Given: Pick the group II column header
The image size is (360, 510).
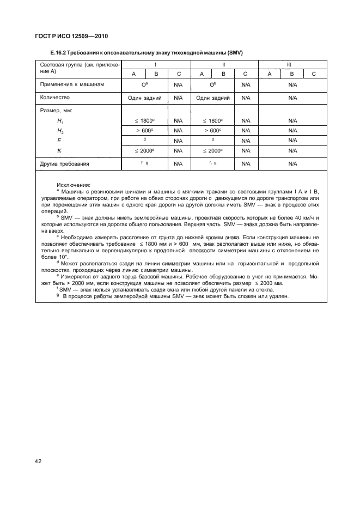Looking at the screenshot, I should click(x=224, y=64).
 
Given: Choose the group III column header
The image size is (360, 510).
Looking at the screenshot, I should click(x=292, y=64).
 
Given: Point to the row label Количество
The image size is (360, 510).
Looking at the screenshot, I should click(x=55, y=98).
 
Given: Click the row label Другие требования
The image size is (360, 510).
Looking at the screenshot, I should click(x=65, y=163).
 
